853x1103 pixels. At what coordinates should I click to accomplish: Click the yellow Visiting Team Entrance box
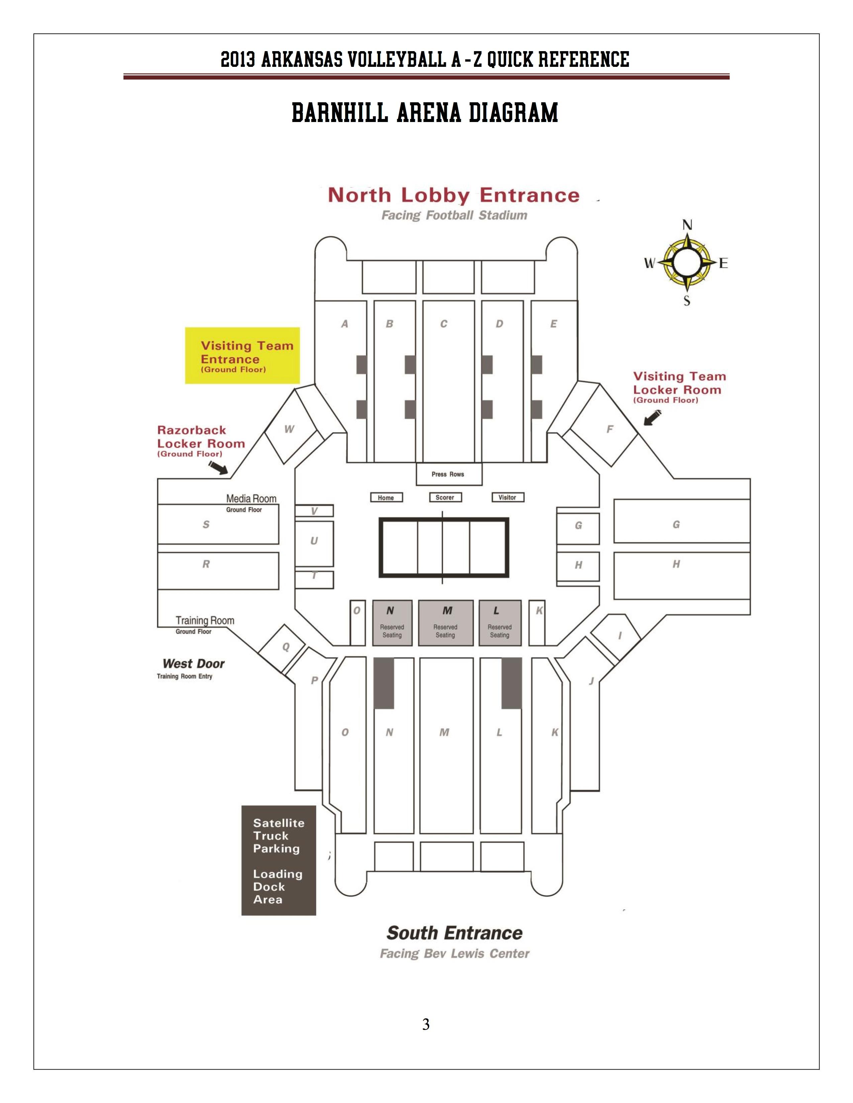tap(242, 356)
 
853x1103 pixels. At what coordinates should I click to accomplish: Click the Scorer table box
tap(445, 497)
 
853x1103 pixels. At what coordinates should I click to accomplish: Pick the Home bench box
tap(386, 497)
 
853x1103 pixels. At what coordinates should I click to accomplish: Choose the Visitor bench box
tap(507, 497)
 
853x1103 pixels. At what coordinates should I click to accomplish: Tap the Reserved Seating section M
tap(446, 623)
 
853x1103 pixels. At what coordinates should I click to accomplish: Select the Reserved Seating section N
tap(392, 623)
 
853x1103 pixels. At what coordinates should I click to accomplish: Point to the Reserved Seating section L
tap(500, 623)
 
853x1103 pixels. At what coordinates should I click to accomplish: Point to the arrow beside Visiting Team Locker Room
tap(652, 417)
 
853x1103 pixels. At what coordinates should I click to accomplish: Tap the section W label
tap(289, 429)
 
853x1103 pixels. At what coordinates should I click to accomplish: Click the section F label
tap(609, 429)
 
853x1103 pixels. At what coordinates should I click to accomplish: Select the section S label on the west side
tap(206, 525)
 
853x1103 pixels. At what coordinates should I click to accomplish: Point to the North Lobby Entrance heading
tap(453, 195)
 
